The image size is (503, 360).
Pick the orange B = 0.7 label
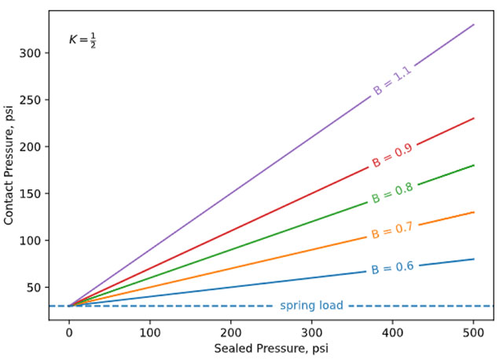point(392,230)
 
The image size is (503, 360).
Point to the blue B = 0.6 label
point(392,268)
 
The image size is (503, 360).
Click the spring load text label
point(311,305)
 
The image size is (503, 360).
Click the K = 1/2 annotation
point(82,39)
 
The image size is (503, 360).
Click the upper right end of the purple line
point(474,24)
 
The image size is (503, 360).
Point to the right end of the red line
point(474,118)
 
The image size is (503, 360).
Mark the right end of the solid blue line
point(474,259)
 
